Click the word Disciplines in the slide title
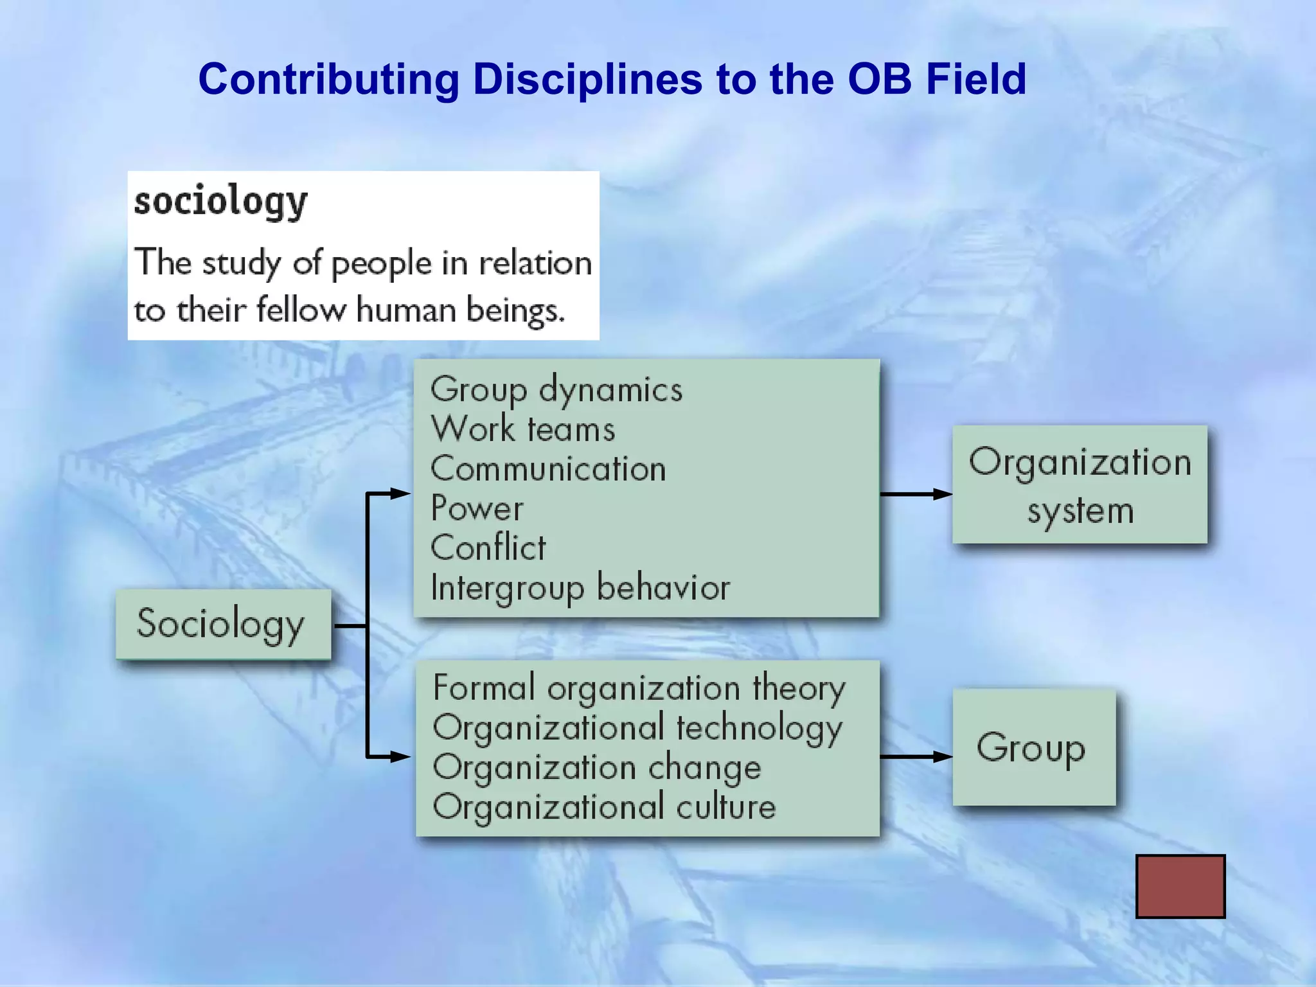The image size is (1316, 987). (x=587, y=80)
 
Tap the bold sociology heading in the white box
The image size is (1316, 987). (x=220, y=201)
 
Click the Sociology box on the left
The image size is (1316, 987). (x=223, y=624)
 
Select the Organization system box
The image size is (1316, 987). (x=1080, y=485)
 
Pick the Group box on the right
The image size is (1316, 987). (x=1033, y=747)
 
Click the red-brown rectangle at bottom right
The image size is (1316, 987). (x=1180, y=886)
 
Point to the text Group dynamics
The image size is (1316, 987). (x=556, y=390)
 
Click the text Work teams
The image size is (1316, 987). (x=522, y=429)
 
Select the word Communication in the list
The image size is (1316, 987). (x=548, y=469)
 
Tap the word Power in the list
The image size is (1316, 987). (x=477, y=508)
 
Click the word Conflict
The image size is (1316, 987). (x=488, y=548)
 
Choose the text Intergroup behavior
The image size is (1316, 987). (x=580, y=587)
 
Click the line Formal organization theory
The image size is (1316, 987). (x=639, y=688)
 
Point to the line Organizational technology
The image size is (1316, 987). (x=637, y=728)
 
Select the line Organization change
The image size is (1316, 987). (x=596, y=768)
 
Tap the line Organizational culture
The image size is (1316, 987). (x=604, y=807)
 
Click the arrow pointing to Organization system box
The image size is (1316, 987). (x=916, y=494)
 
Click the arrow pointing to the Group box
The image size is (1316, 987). (x=916, y=756)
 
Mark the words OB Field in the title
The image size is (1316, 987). (x=936, y=80)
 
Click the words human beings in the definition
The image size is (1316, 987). (x=460, y=310)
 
